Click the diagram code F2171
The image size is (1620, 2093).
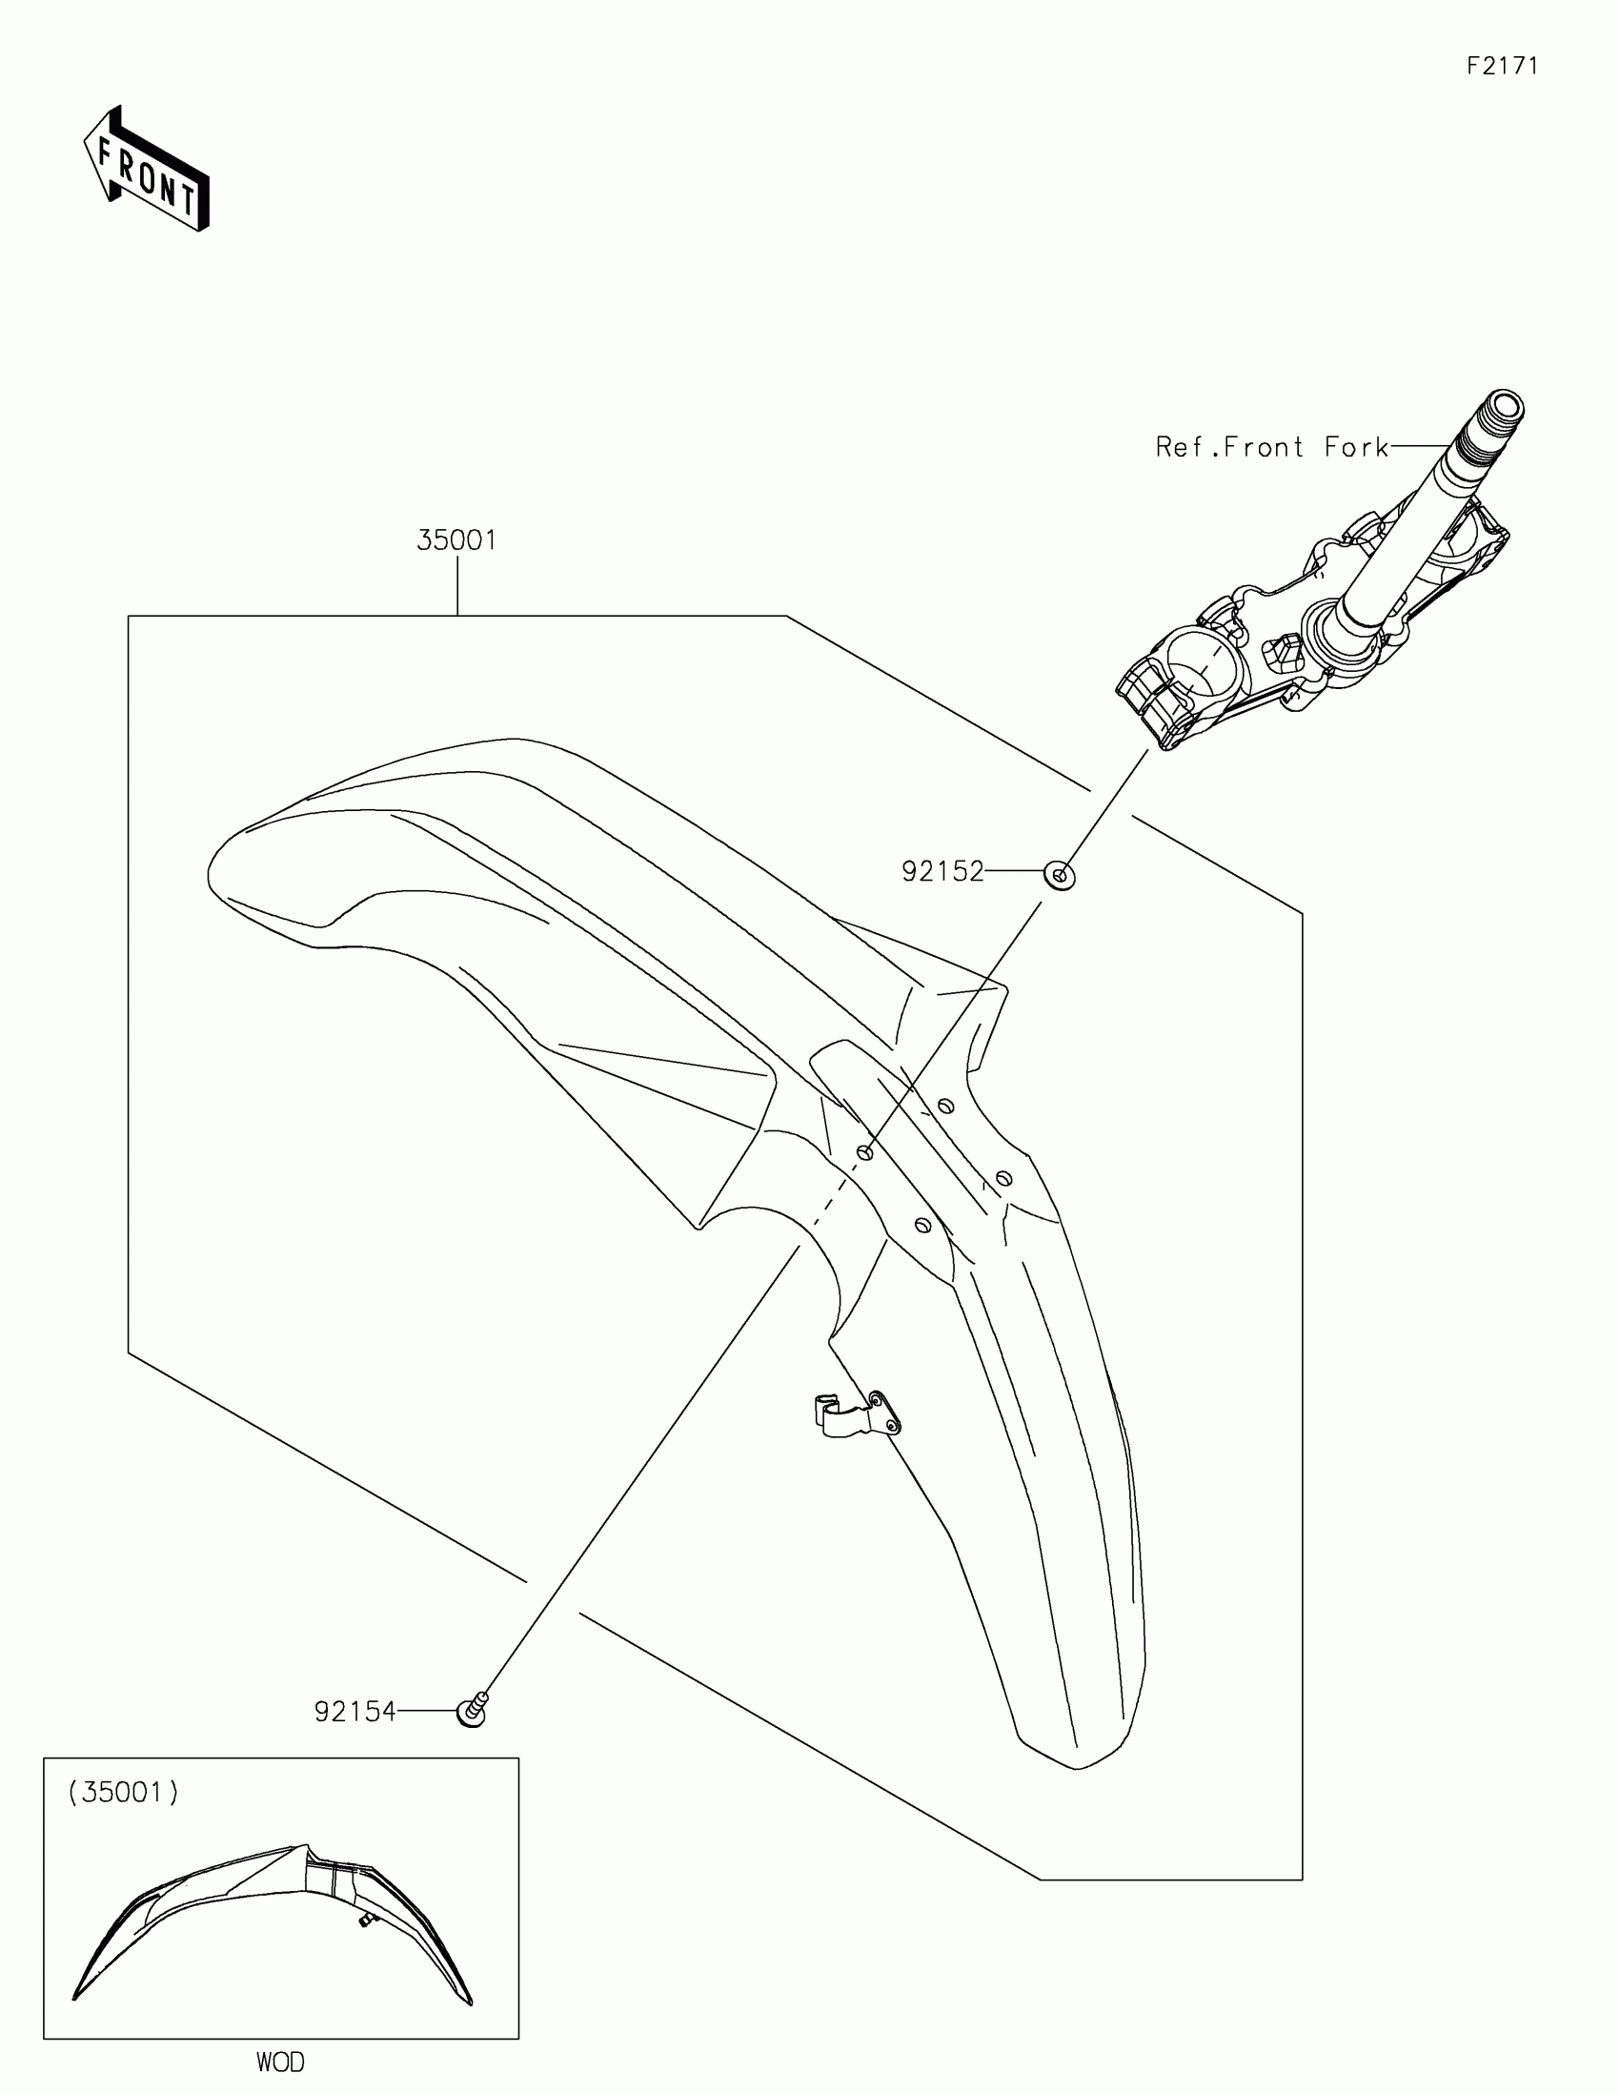[x=1502, y=66]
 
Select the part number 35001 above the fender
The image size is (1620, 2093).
[x=457, y=541]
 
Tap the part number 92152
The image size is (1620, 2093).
[x=942, y=872]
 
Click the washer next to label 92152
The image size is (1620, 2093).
[x=1060, y=874]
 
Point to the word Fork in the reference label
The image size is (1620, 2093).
[x=1357, y=448]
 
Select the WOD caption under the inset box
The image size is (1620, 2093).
[x=280, y=2062]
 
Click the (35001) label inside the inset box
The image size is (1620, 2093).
[x=124, y=1793]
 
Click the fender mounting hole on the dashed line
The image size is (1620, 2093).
[x=864, y=1152]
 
